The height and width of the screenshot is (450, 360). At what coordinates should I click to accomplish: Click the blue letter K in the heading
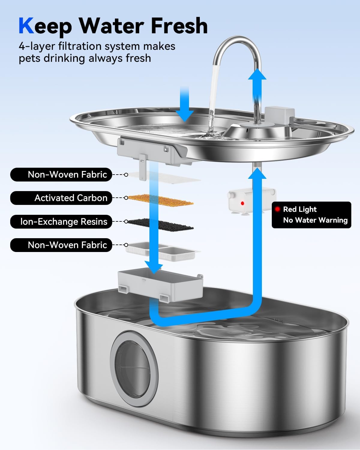click(x=26, y=26)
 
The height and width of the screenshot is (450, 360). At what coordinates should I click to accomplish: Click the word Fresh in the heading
click(x=179, y=26)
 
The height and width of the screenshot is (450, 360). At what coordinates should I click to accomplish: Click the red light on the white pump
click(x=242, y=203)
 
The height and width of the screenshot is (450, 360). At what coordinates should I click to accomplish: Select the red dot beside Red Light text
click(x=277, y=209)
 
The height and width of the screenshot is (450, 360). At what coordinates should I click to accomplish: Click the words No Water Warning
click(x=315, y=220)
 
